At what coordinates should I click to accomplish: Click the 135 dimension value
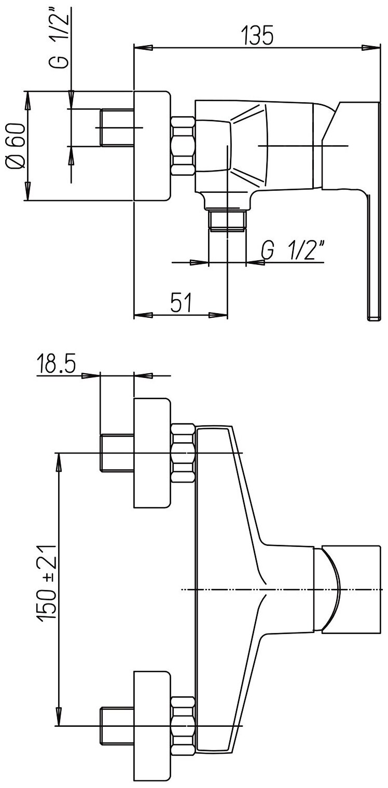click(x=256, y=36)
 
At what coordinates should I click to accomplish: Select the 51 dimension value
click(x=179, y=302)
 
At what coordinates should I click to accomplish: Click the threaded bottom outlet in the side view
click(x=227, y=220)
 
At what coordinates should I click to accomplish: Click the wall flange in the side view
click(x=152, y=146)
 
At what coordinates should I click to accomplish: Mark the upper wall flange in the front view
click(x=152, y=453)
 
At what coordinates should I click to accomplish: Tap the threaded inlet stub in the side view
click(x=116, y=128)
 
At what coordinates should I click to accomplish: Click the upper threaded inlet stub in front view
click(x=116, y=453)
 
